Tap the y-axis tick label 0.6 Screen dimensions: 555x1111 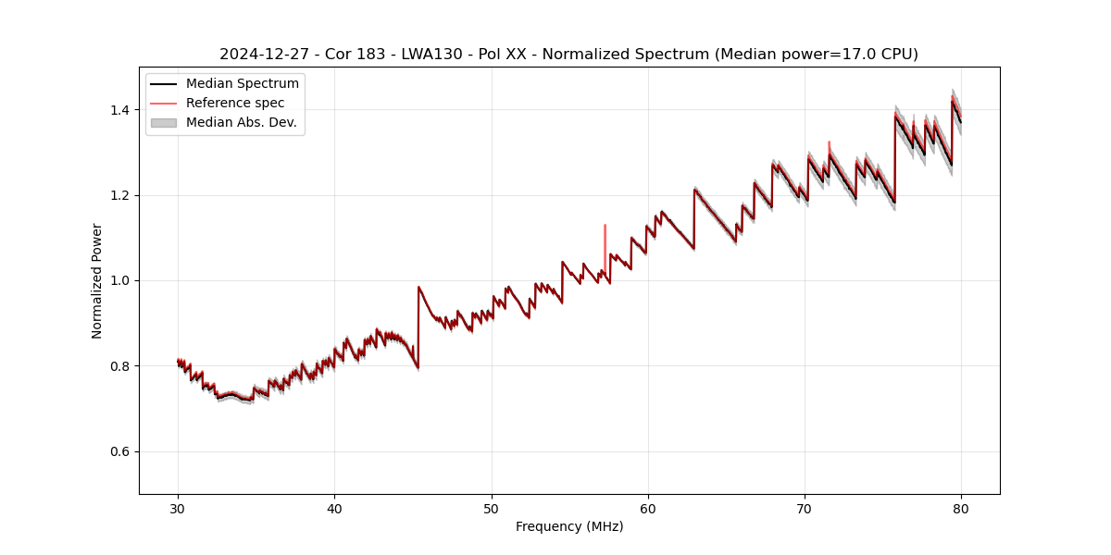tap(119, 451)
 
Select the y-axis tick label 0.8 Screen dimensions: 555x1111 tap(119, 366)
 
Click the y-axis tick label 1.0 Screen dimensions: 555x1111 tap(119, 280)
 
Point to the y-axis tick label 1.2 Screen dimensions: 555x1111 tap(119, 195)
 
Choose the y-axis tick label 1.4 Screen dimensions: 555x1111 tap(119, 110)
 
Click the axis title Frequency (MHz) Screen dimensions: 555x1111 tap(569, 526)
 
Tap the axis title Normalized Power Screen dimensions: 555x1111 tap(97, 280)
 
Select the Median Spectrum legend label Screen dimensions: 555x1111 tap(242, 84)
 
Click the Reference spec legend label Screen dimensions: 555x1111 tap(235, 103)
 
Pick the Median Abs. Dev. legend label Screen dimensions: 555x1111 tap(241, 122)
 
